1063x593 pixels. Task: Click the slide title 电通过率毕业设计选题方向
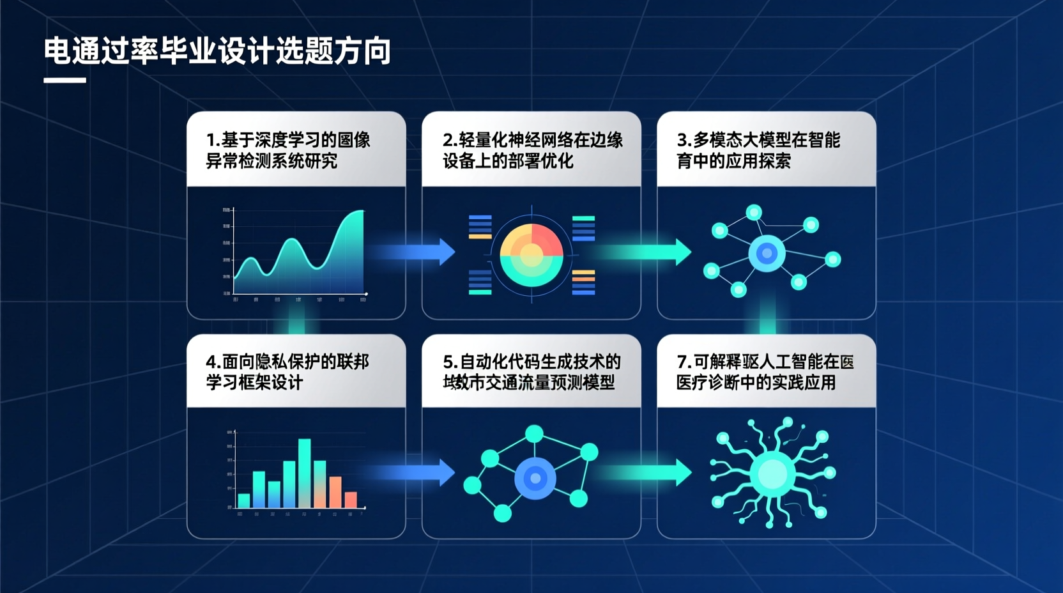[x=217, y=51]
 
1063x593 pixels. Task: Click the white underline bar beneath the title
[x=65, y=81]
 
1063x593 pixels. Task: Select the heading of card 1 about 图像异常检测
[x=288, y=150]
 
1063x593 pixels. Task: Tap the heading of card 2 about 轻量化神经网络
[x=532, y=150]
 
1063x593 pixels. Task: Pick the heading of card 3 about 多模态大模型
[x=758, y=150]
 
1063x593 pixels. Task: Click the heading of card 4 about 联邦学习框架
[x=287, y=372]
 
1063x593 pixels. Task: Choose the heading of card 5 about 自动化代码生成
[x=531, y=372]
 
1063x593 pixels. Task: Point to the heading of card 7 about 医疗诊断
[x=765, y=372]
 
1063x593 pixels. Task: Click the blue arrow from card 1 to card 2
[x=418, y=252]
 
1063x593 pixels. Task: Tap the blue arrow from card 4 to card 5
[x=418, y=473]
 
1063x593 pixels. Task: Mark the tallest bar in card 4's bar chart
[x=305, y=473]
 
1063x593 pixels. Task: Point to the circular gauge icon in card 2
[x=531, y=255]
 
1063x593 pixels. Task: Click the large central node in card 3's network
[x=767, y=254]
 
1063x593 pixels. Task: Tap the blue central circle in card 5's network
[x=535, y=478]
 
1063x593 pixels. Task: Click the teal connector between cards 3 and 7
[x=767, y=326]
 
